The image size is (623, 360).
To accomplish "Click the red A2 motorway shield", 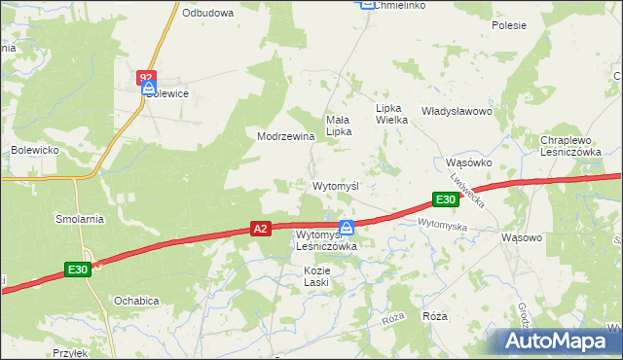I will pos(259,229).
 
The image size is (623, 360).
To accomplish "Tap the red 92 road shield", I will pos(146,75).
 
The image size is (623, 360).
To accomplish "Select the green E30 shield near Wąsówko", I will pos(446,199).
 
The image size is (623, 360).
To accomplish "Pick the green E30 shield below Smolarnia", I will pos(79,270).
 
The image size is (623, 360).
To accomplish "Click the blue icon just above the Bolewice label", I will pos(148,88).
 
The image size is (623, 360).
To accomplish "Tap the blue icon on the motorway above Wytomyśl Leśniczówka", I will pos(346,227).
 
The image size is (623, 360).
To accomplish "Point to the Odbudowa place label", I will pos(207,13).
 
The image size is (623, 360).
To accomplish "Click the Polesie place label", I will pos(508,25).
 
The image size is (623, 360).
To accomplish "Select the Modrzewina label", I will pos(285,136).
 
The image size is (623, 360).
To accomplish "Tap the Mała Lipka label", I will pos(338,126).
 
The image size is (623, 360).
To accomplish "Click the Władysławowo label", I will pos(457,112).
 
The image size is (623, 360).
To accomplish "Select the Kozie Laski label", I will pos(317,275).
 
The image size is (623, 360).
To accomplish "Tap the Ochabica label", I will pos(135,301).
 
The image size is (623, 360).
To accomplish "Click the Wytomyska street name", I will pos(443,225).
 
